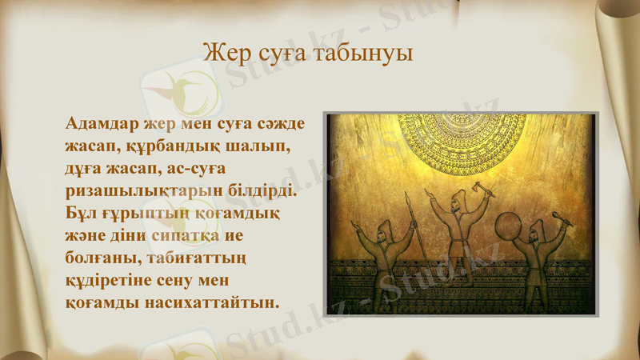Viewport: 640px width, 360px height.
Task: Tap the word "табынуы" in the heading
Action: pos(366,55)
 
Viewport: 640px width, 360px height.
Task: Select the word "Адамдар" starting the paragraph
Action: pos(102,125)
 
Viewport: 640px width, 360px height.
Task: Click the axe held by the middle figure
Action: pos(481,189)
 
